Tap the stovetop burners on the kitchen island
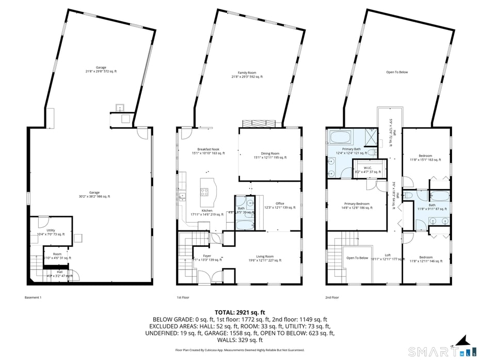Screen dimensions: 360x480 [204, 192]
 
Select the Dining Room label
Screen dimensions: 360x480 [269, 155]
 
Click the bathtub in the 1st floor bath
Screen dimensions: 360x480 [243, 224]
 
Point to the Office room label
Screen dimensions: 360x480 [280, 205]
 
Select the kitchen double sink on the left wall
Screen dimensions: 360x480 [182, 196]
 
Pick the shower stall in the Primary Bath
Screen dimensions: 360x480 [370, 138]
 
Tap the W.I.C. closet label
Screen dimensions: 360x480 [367, 169]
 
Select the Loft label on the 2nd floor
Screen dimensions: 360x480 [388, 257]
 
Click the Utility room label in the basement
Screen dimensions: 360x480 [51, 232]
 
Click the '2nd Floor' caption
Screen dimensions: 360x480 [332, 298]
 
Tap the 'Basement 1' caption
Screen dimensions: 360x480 [33, 298]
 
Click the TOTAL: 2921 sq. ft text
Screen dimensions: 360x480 [239, 312]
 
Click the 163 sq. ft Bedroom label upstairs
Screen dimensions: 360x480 [426, 158]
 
